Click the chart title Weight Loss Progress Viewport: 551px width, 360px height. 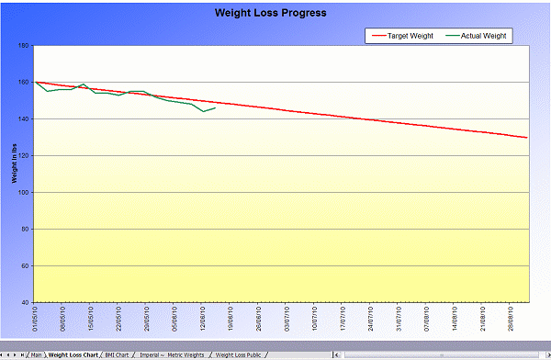click(270, 13)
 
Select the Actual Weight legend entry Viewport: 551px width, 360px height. click(484, 36)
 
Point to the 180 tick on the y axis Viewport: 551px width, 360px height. click(25, 46)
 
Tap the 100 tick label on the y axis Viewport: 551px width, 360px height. click(25, 193)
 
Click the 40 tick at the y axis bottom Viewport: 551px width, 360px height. click(26, 302)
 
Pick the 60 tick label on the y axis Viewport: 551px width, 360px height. click(26, 266)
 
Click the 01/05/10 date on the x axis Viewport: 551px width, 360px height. click(36, 319)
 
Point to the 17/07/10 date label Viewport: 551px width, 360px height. click(344, 319)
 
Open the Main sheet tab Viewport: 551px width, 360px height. click(36, 354)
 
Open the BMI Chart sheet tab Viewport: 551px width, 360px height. click(118, 354)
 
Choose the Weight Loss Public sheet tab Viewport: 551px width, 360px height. click(238, 354)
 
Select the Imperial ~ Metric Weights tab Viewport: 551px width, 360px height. click(172, 354)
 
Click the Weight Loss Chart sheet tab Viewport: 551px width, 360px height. click(73, 354)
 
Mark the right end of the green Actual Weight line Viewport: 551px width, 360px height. click(215, 107)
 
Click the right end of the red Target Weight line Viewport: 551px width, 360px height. click(527, 138)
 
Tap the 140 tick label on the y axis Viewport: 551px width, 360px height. click(25, 119)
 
